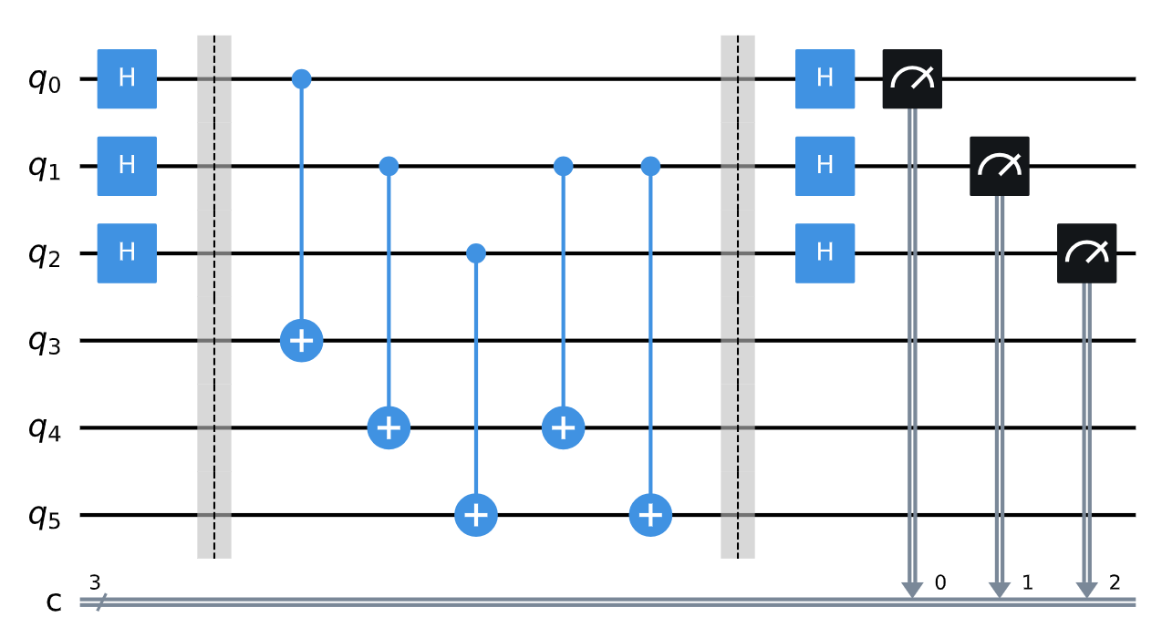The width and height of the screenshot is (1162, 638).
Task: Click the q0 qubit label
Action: click(x=43, y=80)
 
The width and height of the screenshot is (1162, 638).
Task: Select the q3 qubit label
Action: click(x=43, y=342)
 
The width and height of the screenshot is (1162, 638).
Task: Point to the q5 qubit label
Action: click(x=43, y=517)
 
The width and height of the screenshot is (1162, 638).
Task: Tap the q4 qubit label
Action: click(x=43, y=429)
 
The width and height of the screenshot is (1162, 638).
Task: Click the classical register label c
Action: click(x=55, y=602)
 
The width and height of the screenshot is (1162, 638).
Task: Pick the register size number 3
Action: click(x=95, y=580)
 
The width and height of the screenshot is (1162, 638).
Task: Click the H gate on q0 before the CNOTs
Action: click(x=128, y=79)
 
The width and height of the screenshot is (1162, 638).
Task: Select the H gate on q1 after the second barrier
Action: click(x=825, y=166)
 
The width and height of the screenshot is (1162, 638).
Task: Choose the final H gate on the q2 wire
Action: click(x=825, y=253)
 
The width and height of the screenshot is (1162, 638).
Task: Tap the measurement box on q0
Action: click(x=912, y=79)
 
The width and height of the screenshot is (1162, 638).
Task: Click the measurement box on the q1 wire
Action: click(x=1000, y=166)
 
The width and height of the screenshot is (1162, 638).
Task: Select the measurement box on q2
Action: click(x=1086, y=253)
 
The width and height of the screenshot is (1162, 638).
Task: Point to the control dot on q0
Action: click(x=302, y=79)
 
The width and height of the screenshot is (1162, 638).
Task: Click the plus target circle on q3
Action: click(x=302, y=341)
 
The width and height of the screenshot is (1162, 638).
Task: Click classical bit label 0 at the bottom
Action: click(x=939, y=581)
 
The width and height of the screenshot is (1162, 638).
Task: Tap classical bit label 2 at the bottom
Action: click(x=1114, y=581)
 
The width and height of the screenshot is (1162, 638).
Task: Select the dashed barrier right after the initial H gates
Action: click(x=214, y=296)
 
